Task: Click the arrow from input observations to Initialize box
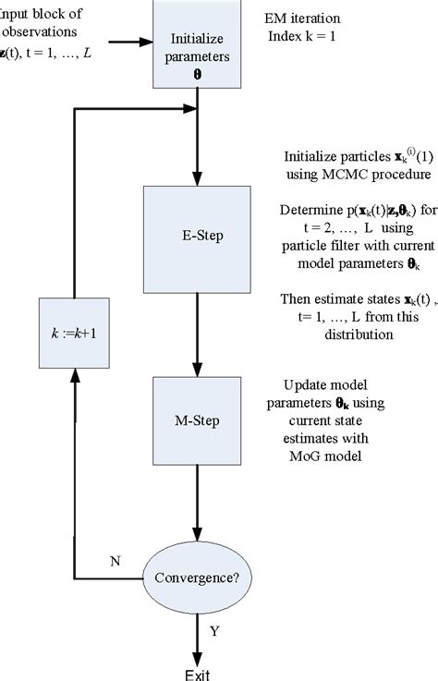pos(129,42)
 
